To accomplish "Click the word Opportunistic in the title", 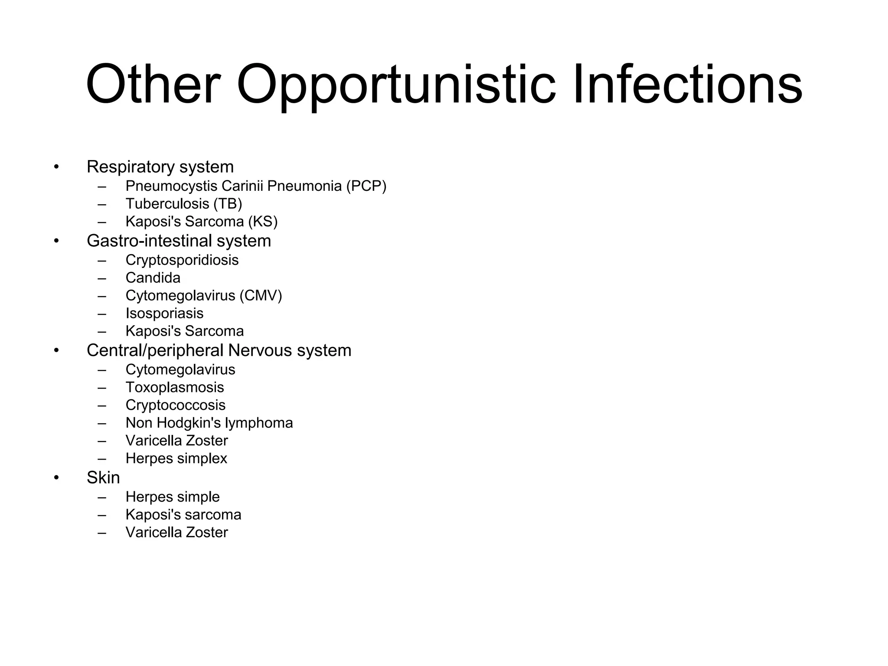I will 395,85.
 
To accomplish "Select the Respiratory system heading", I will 160,167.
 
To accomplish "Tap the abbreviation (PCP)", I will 366,186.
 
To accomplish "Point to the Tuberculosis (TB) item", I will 184,204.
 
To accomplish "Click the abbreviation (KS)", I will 263,222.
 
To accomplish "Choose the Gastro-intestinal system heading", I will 179,241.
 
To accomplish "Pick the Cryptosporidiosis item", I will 182,260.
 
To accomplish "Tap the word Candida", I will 153,278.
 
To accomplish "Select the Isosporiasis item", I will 164,313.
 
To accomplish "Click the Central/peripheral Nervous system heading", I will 219,351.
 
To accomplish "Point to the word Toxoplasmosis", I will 175,388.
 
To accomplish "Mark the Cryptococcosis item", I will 176,405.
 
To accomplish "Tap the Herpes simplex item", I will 176,459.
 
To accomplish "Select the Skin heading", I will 103,478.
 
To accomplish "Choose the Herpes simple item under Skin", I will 173,497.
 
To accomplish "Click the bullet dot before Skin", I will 56,478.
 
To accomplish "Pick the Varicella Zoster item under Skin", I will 176,532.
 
